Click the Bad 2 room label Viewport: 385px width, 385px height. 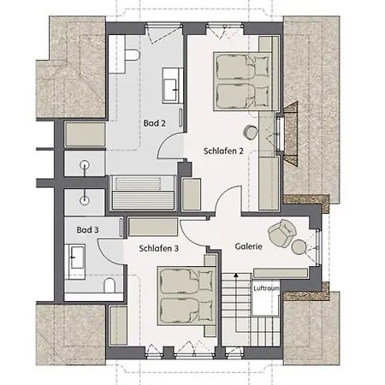point(154,123)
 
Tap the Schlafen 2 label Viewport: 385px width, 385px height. point(223,151)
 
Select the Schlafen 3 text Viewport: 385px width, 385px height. point(158,248)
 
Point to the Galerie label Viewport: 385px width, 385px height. point(248,246)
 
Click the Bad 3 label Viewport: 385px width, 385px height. point(87,230)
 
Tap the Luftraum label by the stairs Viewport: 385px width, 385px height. point(266,288)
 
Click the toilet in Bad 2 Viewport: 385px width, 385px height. point(132,55)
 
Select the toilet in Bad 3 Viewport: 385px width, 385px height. point(110,285)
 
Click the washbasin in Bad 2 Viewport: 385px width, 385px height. point(173,86)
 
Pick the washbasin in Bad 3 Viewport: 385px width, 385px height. point(75,262)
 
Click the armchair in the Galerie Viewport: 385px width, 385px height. point(281,232)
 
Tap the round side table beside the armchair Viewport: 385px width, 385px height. point(299,246)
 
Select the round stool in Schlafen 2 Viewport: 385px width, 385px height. point(251,133)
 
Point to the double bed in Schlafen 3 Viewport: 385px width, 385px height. point(187,296)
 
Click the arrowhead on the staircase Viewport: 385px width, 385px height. point(236,275)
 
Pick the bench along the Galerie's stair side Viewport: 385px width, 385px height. point(281,273)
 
